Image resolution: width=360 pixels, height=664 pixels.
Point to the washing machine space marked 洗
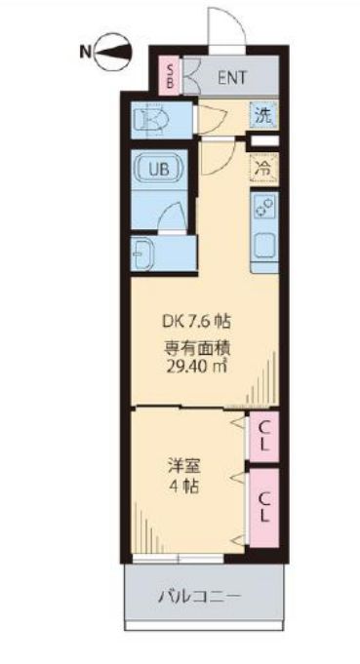pos(263,115)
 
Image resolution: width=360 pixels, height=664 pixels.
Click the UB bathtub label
pos(158,169)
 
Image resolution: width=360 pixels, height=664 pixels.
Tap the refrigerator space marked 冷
pos(262,168)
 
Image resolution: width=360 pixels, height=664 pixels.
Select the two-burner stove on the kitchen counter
pos(263,206)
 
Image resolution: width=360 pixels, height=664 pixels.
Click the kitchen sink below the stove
pos(263,248)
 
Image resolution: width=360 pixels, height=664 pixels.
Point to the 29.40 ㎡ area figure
pos(196,367)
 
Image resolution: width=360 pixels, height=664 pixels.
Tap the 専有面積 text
pos(196,345)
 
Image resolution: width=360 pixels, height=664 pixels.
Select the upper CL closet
pos(263,436)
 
